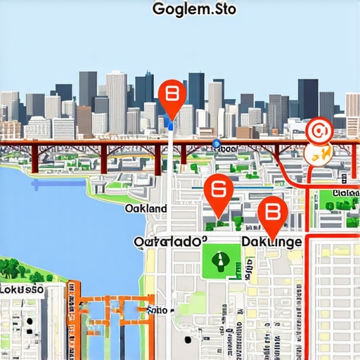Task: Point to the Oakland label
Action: point(146,209)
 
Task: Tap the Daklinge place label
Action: point(271,241)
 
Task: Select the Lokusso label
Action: point(22,289)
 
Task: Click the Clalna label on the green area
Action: point(345,193)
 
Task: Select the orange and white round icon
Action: point(317,155)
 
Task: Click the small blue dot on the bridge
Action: point(216,143)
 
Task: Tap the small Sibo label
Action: point(159,309)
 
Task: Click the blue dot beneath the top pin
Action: point(170,127)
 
